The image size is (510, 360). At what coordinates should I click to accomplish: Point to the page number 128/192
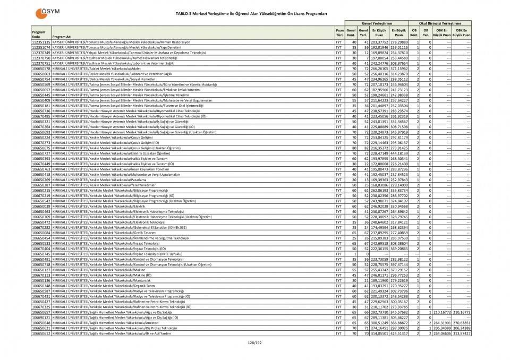tap(254, 343)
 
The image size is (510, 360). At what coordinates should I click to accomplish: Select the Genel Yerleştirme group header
tap(377, 23)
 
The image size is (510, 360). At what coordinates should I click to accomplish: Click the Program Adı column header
tap(62, 37)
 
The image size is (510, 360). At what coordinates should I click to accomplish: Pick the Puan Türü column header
tap(339, 33)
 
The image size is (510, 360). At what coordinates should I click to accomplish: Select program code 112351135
tap(41, 41)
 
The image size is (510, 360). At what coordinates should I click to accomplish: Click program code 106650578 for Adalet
tap(41, 68)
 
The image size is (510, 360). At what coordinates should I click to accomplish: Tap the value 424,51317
tap(399, 333)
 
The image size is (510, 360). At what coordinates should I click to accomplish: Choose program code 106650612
tap(41, 333)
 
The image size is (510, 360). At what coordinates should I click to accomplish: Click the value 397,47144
tap(399, 264)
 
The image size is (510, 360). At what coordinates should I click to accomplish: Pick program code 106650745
tap(41, 254)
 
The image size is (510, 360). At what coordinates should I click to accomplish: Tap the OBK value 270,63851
tap(461, 323)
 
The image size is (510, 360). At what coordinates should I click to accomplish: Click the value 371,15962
tap(399, 68)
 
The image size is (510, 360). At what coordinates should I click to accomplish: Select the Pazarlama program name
tap(118, 180)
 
